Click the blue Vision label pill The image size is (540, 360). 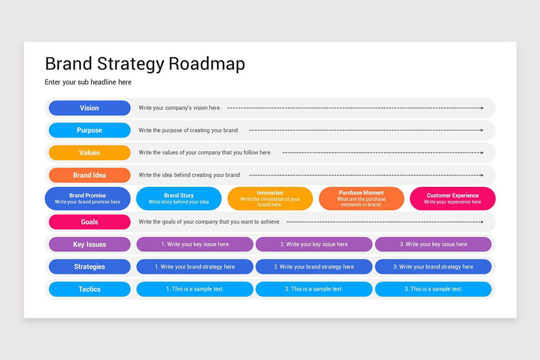tap(90, 108)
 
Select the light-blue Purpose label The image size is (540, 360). tap(90, 130)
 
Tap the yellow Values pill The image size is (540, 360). tap(90, 153)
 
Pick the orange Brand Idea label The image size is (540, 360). tap(90, 175)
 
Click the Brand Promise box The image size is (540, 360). tap(88, 198)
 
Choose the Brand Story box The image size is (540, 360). tap(179, 198)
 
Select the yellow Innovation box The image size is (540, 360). tap(270, 198)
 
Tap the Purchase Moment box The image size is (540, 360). tap(361, 198)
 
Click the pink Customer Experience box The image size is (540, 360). tap(453, 198)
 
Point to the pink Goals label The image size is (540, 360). tap(90, 222)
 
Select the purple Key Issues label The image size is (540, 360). tap(90, 244)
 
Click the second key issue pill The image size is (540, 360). tap(314, 244)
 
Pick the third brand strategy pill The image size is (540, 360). tap(433, 267)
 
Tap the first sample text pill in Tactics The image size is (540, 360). tap(195, 289)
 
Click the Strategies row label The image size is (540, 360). tap(90, 267)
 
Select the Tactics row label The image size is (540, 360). tap(90, 289)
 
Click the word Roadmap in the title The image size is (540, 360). tap(207, 64)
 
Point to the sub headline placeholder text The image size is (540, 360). tap(88, 82)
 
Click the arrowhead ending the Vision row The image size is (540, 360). tap(482, 108)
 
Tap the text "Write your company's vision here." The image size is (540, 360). tap(180, 108)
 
